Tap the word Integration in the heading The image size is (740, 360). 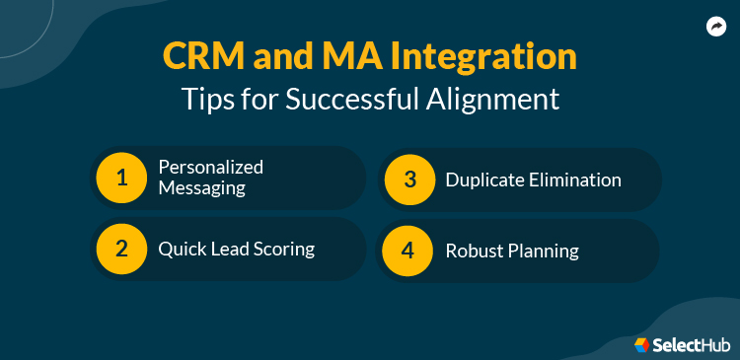pyautogui.click(x=483, y=56)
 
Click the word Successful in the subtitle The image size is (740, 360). pyautogui.click(x=344, y=99)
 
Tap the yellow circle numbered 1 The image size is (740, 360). pyautogui.click(x=122, y=179)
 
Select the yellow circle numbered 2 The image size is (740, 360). pyautogui.click(x=122, y=248)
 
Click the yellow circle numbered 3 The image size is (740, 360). pyautogui.click(x=409, y=179)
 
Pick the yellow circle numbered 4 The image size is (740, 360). pyautogui.click(x=409, y=249)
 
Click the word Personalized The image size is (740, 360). pyautogui.click(x=211, y=168)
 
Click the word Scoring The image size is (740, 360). pyautogui.click(x=281, y=250)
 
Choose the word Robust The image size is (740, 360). pyautogui.click(x=475, y=251)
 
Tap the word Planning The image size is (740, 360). pyautogui.click(x=543, y=251)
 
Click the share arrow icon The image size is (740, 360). pyautogui.click(x=715, y=28)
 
